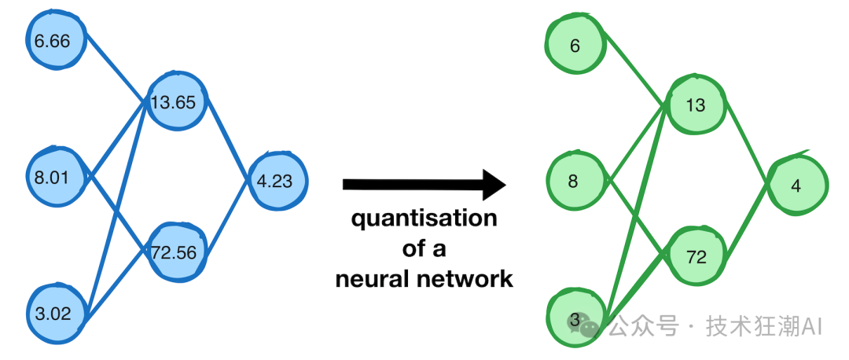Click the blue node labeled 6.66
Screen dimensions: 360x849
point(53,40)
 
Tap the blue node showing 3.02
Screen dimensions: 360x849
point(53,314)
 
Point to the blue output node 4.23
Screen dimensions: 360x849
point(274,181)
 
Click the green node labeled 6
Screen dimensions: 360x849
point(575,46)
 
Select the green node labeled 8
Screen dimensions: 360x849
point(574,182)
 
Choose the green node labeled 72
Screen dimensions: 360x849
point(696,256)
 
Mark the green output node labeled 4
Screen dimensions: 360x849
point(796,186)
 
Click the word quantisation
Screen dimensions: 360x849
point(424,219)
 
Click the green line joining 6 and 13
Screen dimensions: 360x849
point(635,74)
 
